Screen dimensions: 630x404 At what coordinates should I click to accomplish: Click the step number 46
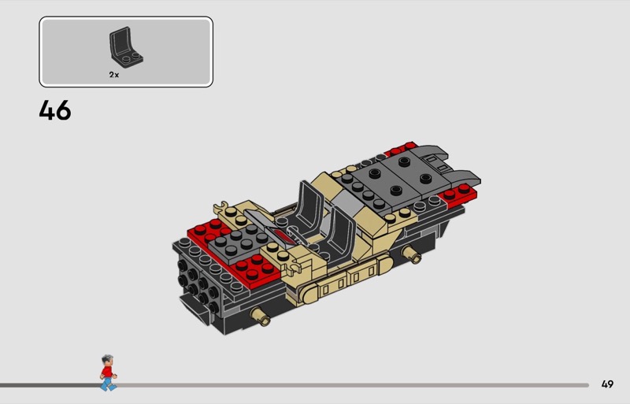point(55,110)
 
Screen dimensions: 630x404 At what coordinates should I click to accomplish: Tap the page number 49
point(607,384)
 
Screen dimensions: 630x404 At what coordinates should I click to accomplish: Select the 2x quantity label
point(114,75)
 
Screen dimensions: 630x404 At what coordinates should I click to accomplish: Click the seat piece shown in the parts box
point(126,46)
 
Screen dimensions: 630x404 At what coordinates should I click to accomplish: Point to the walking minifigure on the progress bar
point(108,372)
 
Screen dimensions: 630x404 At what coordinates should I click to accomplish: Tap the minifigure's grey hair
point(107,358)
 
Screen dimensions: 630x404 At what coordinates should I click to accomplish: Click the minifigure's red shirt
point(107,372)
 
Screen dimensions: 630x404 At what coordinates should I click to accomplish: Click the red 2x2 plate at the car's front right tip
point(459,195)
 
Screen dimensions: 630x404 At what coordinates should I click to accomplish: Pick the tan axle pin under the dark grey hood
point(411,254)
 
